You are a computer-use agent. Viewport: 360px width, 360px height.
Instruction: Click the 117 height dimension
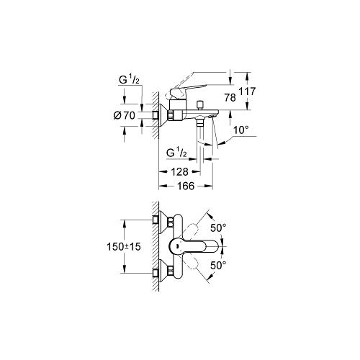(247, 91)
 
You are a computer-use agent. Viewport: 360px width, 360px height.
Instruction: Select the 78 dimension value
(230, 98)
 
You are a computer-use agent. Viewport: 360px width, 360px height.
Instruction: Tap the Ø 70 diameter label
(125, 116)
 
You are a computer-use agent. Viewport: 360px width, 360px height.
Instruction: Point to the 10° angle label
(240, 130)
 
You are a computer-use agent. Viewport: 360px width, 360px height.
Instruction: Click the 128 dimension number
(179, 172)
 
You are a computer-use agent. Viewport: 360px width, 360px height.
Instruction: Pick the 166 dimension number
(186, 186)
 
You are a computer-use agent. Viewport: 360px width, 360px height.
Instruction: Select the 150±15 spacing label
(124, 247)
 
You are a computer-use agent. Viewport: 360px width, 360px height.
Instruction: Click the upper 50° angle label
(218, 228)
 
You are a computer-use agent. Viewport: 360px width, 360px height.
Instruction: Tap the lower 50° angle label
(218, 266)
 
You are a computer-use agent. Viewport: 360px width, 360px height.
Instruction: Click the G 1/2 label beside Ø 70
(129, 79)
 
